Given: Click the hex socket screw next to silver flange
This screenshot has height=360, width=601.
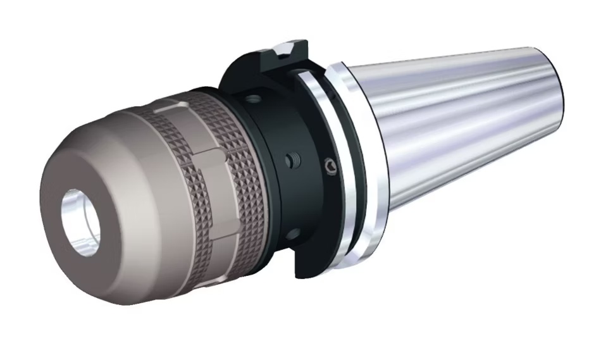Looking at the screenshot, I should [330, 165].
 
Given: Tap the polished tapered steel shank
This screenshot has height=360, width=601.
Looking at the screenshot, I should [468, 127].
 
